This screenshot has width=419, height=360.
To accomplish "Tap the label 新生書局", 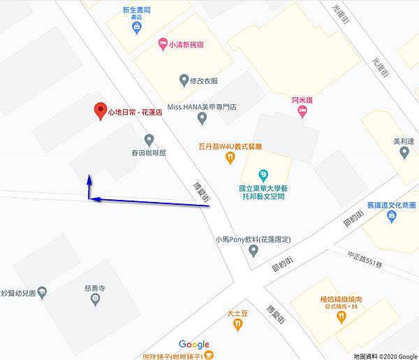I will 137,11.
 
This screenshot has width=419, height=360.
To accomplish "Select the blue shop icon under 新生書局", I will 137,27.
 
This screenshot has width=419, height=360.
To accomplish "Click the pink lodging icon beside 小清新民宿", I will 162,43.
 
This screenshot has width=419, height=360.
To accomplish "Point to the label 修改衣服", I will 204,80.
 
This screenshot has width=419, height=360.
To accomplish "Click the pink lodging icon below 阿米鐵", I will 302,112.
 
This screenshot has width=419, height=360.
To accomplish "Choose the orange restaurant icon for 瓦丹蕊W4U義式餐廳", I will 230,158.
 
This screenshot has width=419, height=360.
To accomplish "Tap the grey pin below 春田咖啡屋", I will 148,140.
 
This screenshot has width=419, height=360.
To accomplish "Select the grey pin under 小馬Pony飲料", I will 253,250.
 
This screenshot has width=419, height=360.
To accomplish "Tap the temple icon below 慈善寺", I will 96,300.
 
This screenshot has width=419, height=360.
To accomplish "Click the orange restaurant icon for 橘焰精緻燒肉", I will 341,317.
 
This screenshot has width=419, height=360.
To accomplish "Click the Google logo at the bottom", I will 193,345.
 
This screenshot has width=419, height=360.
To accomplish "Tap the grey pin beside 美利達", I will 404,152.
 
